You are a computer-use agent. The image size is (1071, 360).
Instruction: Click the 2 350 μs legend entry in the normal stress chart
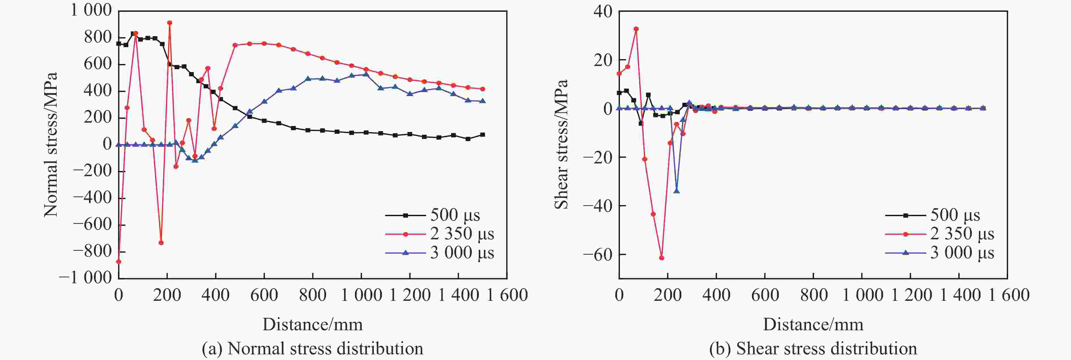pyautogui.click(x=440, y=234)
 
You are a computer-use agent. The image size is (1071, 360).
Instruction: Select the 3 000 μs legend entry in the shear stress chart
pyautogui.click(x=940, y=253)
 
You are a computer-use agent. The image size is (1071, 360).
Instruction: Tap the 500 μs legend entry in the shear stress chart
pyautogui.click(x=932, y=215)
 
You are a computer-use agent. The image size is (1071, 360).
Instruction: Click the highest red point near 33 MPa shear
pyautogui.click(x=636, y=29)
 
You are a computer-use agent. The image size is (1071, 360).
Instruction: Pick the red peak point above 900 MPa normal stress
pyautogui.click(x=170, y=23)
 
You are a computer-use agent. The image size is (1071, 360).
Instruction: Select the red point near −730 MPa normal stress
pyautogui.click(x=161, y=243)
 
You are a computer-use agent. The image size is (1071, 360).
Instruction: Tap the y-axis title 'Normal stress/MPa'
pyautogui.click(x=50, y=145)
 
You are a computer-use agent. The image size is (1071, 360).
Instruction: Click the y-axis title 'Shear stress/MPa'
pyautogui.click(x=561, y=144)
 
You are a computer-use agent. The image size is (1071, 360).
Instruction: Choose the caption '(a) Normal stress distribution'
pyautogui.click(x=313, y=348)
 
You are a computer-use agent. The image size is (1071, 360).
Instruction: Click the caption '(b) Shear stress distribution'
pyautogui.click(x=813, y=348)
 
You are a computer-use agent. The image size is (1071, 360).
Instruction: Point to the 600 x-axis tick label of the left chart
pyautogui.click(x=264, y=295)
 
